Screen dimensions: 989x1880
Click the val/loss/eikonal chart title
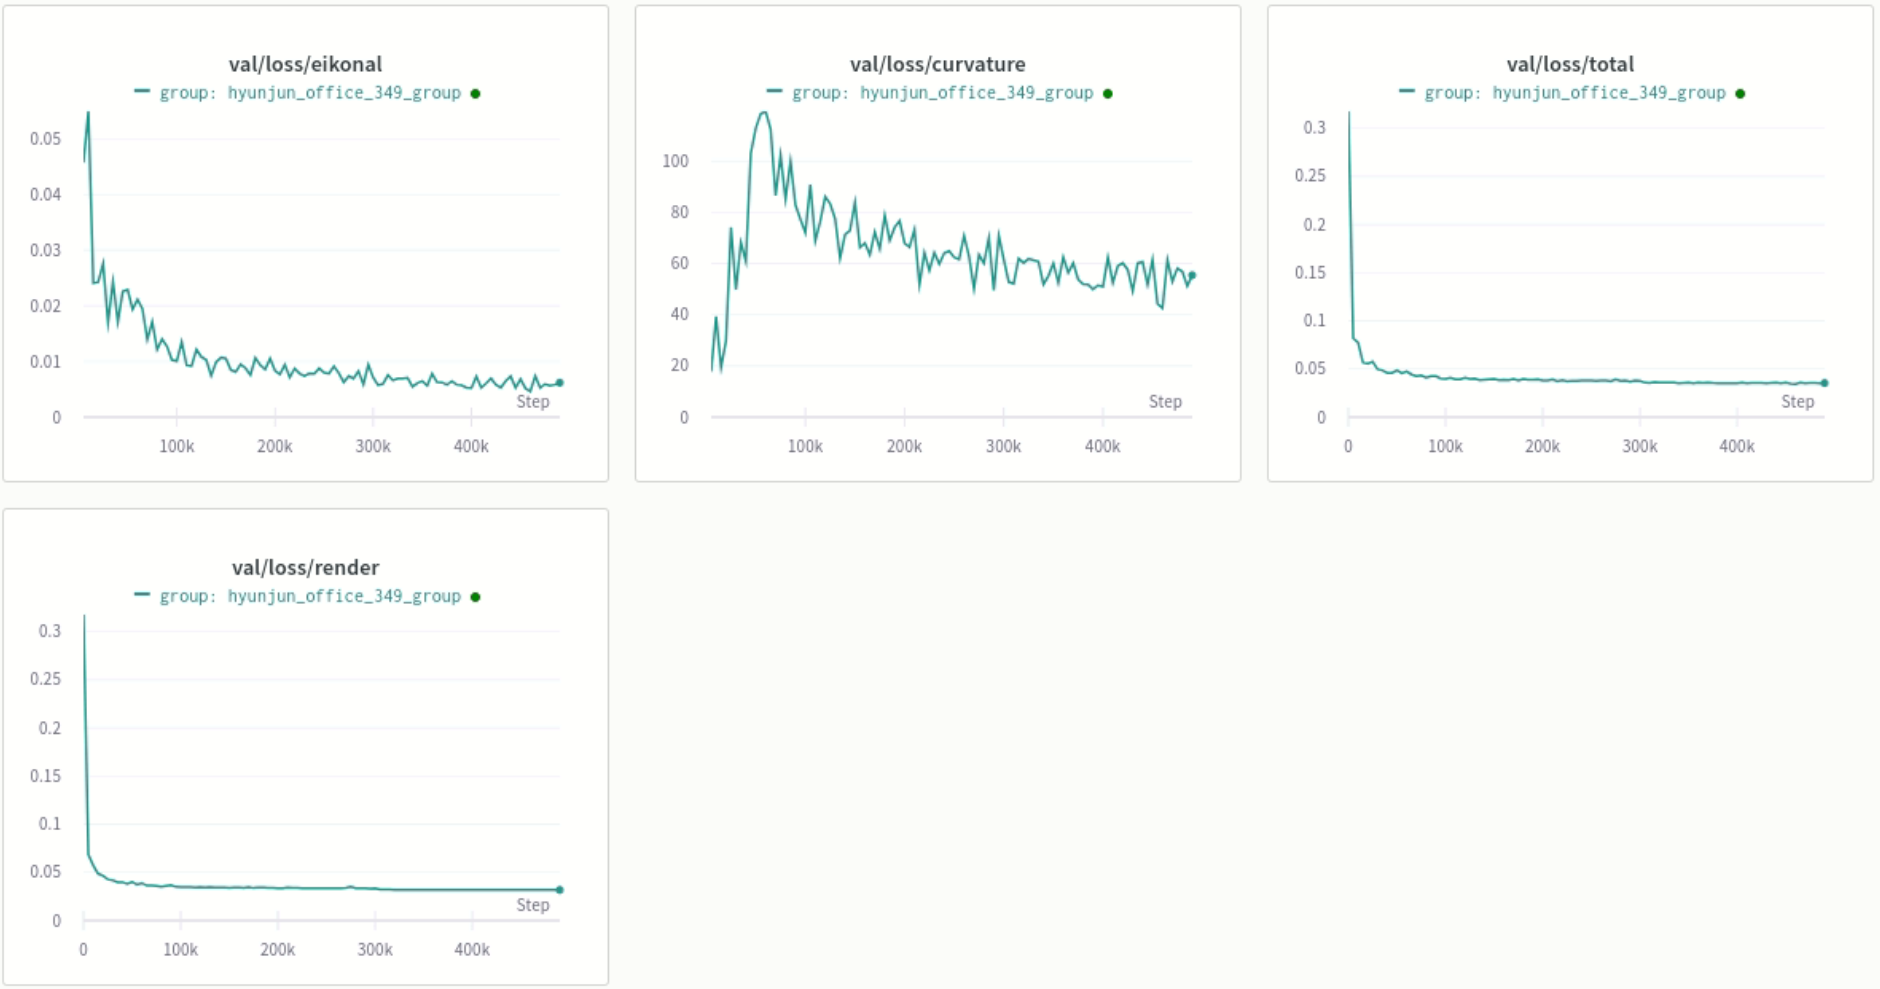point(305,64)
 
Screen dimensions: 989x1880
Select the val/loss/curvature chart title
point(937,64)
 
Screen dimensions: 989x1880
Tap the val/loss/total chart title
point(1570,64)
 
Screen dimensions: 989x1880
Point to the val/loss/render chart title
point(305,567)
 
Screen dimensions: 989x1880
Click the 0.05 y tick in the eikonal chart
point(45,138)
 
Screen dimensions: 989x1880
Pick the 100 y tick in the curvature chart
point(675,161)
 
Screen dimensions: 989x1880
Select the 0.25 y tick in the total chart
point(1309,175)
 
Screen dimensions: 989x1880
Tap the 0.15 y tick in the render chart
point(45,776)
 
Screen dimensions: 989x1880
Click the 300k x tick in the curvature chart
point(1003,446)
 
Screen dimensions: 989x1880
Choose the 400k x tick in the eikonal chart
point(471,446)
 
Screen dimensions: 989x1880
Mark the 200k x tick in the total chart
point(1542,446)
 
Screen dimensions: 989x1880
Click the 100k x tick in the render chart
point(180,949)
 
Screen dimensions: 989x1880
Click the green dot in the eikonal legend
point(475,94)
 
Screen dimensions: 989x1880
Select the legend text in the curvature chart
point(942,93)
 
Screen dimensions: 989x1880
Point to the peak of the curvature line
point(764,112)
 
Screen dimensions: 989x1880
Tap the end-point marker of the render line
point(559,889)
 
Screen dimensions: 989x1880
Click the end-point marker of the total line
point(1824,383)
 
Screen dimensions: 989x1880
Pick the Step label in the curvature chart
point(1164,401)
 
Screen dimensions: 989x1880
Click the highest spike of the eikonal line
point(88,113)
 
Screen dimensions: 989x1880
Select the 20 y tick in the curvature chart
point(680,365)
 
